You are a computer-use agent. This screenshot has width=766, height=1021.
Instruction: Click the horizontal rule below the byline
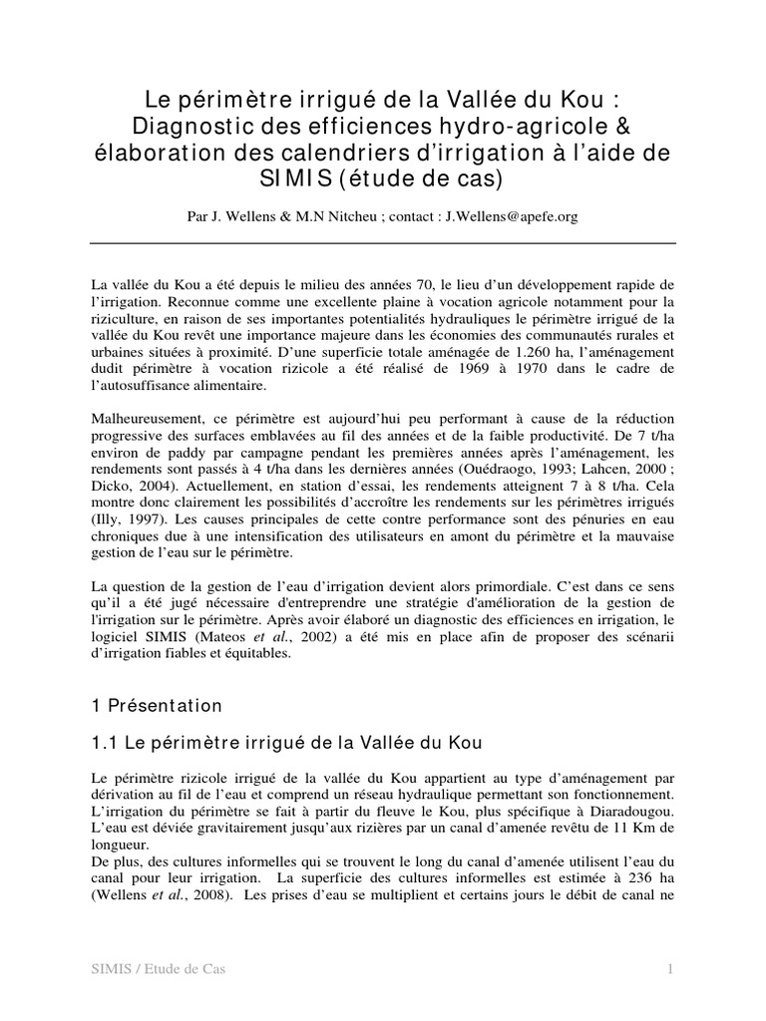point(383,243)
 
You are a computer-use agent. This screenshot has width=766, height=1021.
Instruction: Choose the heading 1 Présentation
point(157,706)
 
